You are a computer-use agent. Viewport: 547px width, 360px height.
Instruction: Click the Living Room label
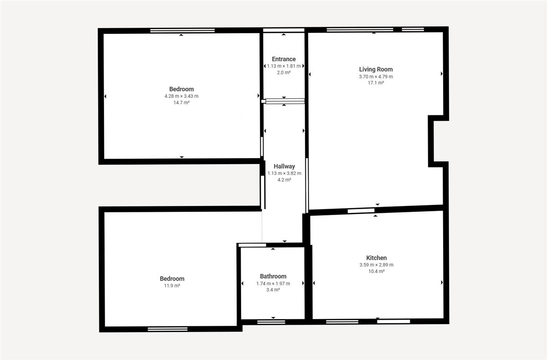click(x=376, y=69)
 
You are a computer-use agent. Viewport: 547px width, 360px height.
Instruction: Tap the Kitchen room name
click(x=377, y=258)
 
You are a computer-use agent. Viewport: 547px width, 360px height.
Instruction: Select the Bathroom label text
click(x=273, y=276)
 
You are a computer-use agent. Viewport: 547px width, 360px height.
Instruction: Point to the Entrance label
click(x=284, y=59)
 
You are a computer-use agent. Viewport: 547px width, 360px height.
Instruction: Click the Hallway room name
click(x=284, y=166)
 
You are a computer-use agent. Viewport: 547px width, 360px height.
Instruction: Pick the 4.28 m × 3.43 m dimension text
click(x=181, y=96)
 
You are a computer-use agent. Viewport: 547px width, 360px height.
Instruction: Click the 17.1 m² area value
click(x=376, y=83)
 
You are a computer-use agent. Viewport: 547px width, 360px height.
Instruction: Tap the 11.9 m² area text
click(x=172, y=286)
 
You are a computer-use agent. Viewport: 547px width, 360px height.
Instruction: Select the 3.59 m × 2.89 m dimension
click(x=377, y=265)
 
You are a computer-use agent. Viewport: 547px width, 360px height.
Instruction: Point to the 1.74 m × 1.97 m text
click(x=273, y=283)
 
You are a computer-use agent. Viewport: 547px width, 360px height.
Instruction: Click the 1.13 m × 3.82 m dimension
click(x=284, y=173)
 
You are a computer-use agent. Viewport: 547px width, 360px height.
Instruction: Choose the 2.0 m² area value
click(x=284, y=72)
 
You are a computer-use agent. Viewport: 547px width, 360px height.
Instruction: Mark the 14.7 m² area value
click(x=181, y=103)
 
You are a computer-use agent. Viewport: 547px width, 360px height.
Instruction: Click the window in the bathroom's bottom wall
click(x=271, y=322)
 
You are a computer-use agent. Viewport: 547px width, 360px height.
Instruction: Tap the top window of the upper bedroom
click(x=182, y=31)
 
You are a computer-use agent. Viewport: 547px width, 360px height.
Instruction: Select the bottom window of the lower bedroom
click(x=168, y=329)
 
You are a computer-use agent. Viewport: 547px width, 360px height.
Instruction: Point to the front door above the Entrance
click(x=284, y=30)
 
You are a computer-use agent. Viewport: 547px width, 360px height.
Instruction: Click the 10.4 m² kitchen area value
click(x=377, y=272)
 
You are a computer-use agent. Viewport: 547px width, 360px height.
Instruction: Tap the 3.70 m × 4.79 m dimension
click(x=376, y=77)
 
